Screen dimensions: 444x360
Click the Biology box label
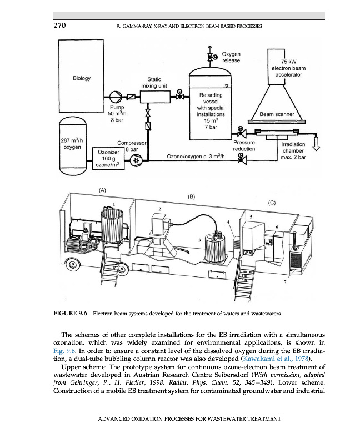pos(82,78)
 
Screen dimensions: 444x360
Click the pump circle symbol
pos(117,95)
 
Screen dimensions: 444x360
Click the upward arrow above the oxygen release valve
pos(209,48)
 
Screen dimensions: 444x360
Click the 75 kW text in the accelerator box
pos(292,62)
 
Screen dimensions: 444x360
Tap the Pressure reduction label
pos(243,145)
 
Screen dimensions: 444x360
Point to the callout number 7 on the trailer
pos(284,282)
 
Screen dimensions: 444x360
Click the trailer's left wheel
pos(71,261)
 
